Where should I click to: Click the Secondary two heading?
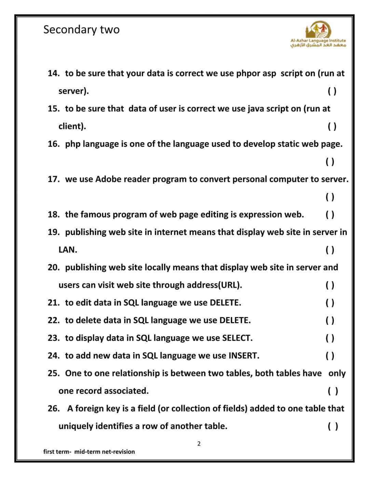coord(81,30)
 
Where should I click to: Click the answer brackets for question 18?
coord(330,215)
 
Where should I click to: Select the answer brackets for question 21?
coord(330,303)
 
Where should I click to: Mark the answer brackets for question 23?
coord(330,338)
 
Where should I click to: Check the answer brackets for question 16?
coord(330,161)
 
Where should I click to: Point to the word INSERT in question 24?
coord(243,356)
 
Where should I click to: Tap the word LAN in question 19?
coord(67,250)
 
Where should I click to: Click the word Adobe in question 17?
coord(108,179)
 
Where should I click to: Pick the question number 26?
coord(54,408)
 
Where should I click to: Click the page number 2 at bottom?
coord(199,444)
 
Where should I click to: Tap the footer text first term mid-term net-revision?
coord(89,452)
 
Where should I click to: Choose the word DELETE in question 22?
coord(234,320)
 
